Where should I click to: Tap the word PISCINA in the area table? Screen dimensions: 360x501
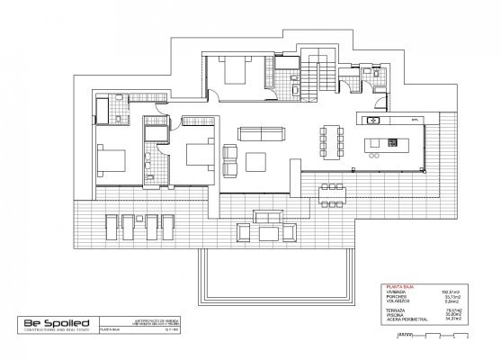[395, 312]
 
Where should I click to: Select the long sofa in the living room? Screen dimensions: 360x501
[259, 134]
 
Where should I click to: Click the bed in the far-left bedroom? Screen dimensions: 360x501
[113, 160]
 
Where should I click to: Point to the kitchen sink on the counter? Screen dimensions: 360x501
[374, 120]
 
